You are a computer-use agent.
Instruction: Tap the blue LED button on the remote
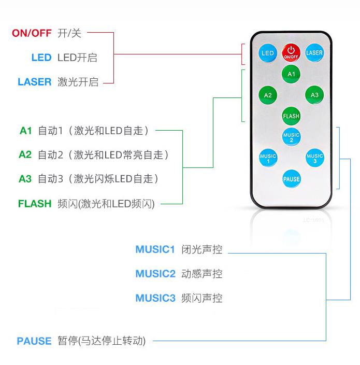click(x=268, y=53)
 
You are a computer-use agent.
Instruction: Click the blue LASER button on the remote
click(x=314, y=53)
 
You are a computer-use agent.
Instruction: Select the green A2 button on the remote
click(x=268, y=95)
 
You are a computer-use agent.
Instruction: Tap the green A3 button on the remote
click(x=314, y=95)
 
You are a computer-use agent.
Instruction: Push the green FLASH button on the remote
click(x=291, y=116)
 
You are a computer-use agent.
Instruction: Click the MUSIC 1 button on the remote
click(x=268, y=158)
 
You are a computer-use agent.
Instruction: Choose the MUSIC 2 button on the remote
click(x=291, y=137)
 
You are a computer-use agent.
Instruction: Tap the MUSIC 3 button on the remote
click(x=314, y=158)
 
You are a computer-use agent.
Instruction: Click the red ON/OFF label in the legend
click(x=32, y=33)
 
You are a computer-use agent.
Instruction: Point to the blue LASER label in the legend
click(x=34, y=82)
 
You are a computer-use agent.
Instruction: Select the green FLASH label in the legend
click(x=35, y=203)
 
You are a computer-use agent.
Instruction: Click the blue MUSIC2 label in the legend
click(x=155, y=274)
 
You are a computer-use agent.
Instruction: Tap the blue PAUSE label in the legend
click(x=34, y=341)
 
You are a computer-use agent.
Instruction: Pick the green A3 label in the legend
click(x=25, y=179)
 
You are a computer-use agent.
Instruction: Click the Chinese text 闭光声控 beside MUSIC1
click(x=202, y=249)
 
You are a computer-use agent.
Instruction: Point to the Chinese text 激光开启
click(x=78, y=82)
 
